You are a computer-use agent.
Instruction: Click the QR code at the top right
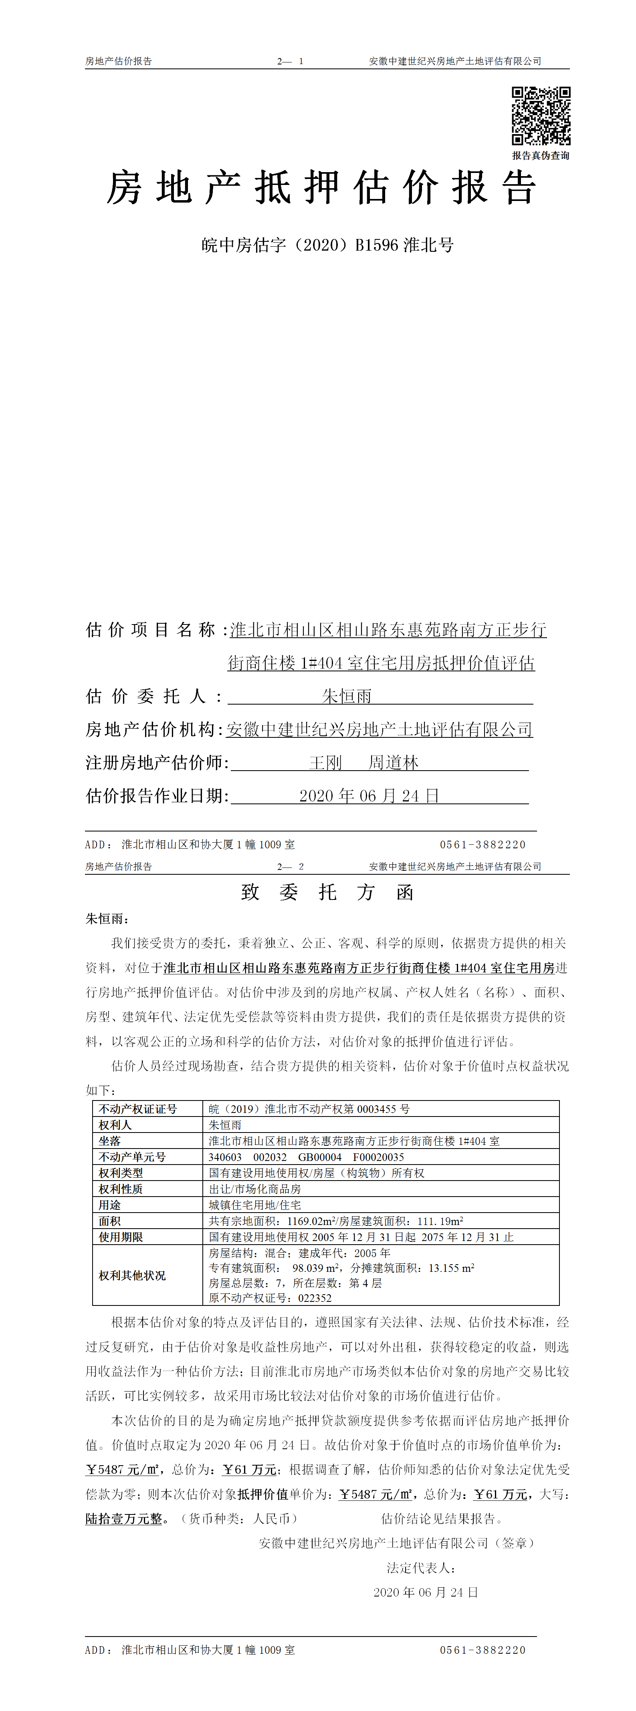coord(540,116)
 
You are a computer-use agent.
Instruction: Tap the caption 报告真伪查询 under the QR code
coord(540,155)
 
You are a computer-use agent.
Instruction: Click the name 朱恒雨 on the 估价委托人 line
coord(347,696)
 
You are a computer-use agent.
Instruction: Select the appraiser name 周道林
coord(394,763)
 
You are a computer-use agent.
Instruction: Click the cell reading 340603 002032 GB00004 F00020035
coord(306,1157)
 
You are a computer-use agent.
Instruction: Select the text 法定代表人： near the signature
coord(421,1568)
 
